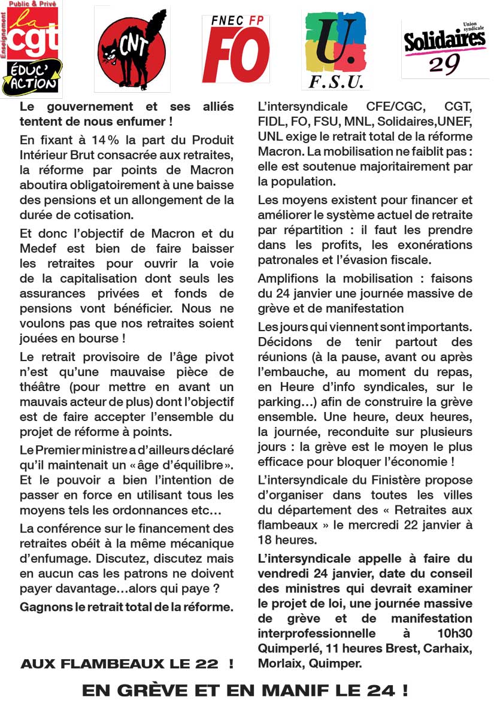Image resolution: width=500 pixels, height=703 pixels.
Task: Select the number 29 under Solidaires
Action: click(x=444, y=65)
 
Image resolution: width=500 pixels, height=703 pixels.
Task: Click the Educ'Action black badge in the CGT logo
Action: click(x=32, y=78)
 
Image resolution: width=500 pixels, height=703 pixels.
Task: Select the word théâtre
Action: click(x=40, y=387)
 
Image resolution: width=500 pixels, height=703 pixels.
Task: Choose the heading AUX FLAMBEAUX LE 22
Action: click(x=126, y=663)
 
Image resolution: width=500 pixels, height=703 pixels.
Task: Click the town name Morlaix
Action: click(x=279, y=663)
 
